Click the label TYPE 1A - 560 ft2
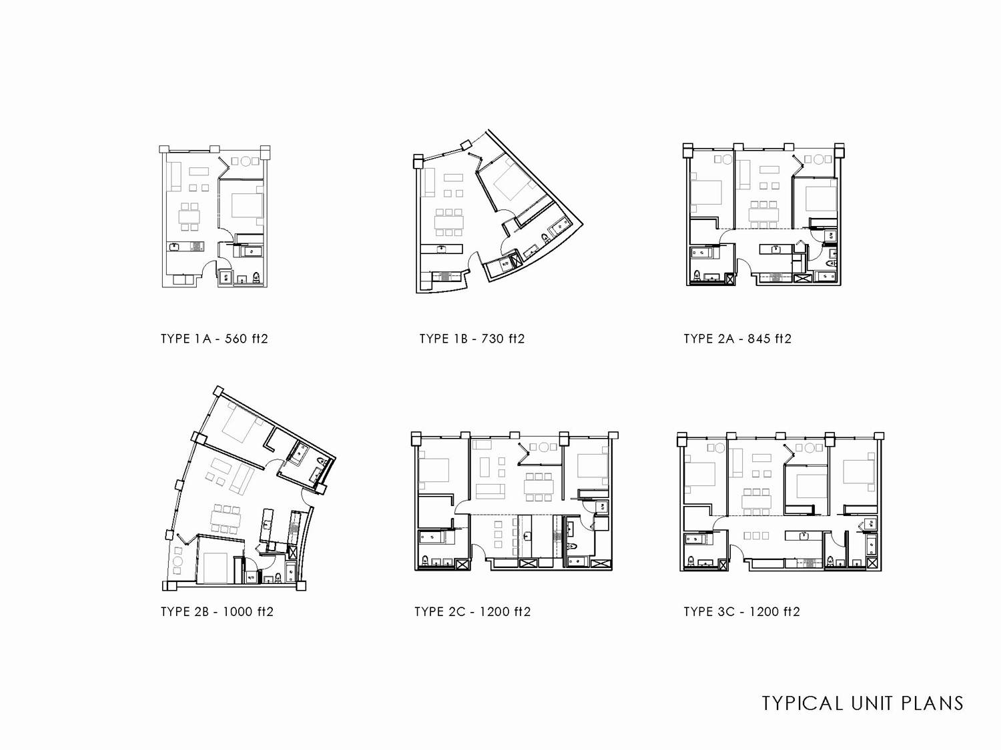click(x=214, y=339)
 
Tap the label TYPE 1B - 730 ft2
click(x=472, y=339)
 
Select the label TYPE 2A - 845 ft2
click(x=737, y=339)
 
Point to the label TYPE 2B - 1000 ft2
click(x=217, y=611)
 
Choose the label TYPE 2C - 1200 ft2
click(x=472, y=611)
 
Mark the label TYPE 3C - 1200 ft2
click(x=741, y=611)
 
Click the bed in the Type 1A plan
click(x=247, y=206)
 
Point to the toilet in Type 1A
click(x=256, y=277)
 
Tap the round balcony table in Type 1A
click(x=246, y=161)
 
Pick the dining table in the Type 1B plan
click(x=448, y=222)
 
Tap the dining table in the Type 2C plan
click(x=539, y=487)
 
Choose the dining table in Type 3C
click(x=757, y=502)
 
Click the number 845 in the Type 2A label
click(x=757, y=339)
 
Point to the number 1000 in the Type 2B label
click(x=237, y=611)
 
